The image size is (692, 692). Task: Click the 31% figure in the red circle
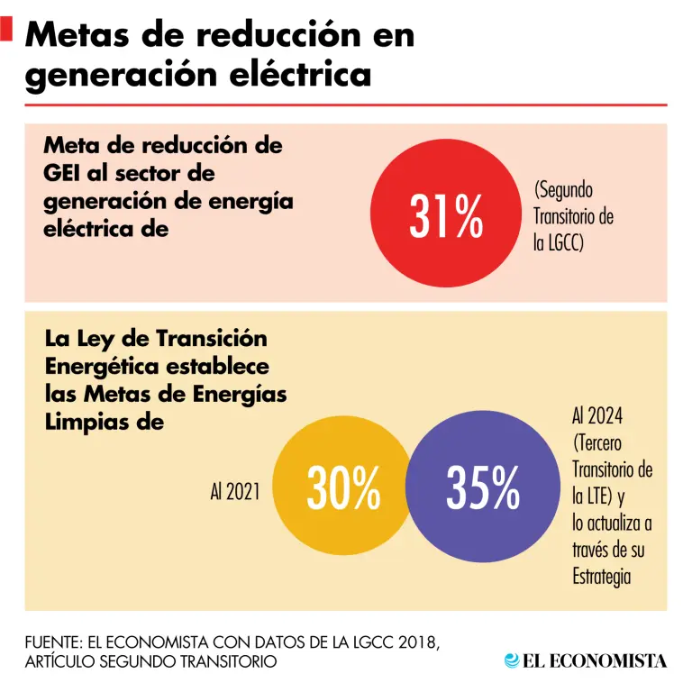click(446, 216)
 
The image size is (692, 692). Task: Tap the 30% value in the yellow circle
click(343, 488)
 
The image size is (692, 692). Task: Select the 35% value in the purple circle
click(483, 487)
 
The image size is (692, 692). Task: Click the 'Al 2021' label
click(235, 491)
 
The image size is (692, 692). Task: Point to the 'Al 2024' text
click(597, 415)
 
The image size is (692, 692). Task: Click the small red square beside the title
click(6, 29)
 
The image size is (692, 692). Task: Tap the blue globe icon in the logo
click(512, 660)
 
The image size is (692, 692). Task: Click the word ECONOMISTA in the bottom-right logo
click(607, 661)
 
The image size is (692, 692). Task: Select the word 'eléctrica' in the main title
click(300, 75)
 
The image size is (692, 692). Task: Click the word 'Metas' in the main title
click(77, 34)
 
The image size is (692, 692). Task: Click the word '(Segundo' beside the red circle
click(563, 191)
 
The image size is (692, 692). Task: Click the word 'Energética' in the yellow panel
click(102, 368)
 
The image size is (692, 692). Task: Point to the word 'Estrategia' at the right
click(602, 577)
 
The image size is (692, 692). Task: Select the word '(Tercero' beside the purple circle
click(597, 443)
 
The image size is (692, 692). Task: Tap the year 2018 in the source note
click(417, 642)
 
